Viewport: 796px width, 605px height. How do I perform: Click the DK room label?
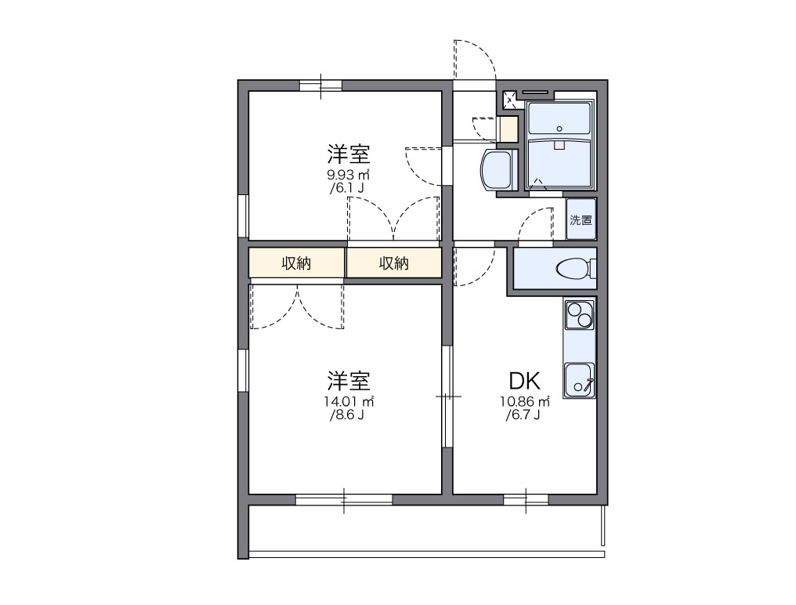(x=525, y=381)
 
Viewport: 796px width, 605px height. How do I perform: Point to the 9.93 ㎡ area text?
(x=349, y=175)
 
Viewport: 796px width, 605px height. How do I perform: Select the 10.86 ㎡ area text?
(x=525, y=401)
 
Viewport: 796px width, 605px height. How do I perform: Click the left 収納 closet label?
(x=296, y=263)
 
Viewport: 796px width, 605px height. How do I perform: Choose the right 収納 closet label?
(x=394, y=263)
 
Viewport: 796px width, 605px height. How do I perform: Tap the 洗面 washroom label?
(x=581, y=220)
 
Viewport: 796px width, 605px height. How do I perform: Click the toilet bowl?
(x=573, y=270)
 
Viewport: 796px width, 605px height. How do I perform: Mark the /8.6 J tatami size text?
(x=348, y=415)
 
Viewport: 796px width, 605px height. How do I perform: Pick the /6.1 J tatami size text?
(x=347, y=189)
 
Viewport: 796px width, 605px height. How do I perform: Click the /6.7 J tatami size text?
(x=523, y=415)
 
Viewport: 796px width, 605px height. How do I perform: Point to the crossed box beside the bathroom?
(x=509, y=99)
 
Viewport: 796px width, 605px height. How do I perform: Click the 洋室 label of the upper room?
(x=349, y=152)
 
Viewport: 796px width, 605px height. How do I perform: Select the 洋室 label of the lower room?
(x=349, y=381)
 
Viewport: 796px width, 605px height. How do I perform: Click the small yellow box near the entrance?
(x=508, y=129)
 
